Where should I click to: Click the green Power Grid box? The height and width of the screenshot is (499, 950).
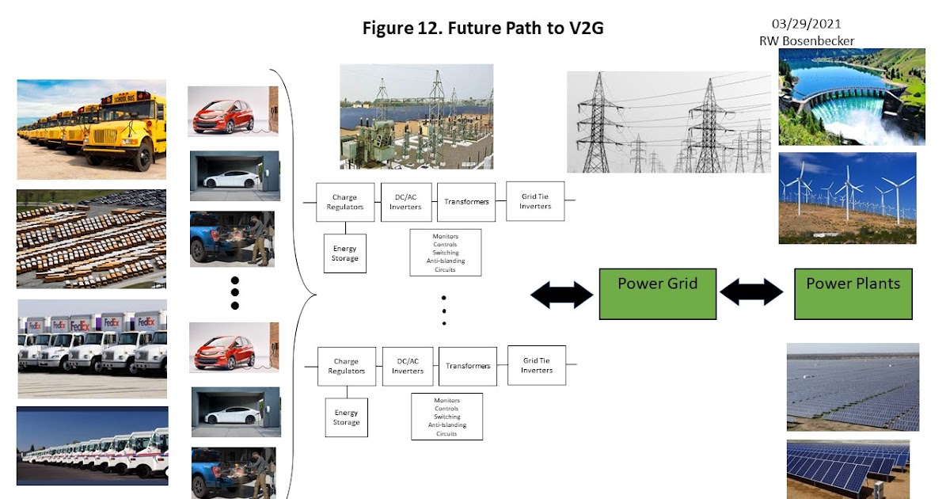[x=657, y=294]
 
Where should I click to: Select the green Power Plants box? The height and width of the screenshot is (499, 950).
[x=853, y=294]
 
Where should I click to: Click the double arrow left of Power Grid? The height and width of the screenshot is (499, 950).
[x=561, y=295]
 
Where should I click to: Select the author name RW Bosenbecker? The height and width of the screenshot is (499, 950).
[x=806, y=41]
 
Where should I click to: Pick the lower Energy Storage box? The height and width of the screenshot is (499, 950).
[x=346, y=417]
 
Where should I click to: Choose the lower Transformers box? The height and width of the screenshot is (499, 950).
[x=468, y=366]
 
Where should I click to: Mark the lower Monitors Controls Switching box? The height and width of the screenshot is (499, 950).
[x=446, y=417]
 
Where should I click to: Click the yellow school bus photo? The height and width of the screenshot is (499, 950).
[x=92, y=129]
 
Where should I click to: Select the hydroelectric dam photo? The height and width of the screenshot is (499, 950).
[x=851, y=96]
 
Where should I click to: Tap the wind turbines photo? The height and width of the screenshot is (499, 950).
[x=847, y=198]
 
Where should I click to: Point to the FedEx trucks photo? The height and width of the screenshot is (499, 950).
[x=92, y=349]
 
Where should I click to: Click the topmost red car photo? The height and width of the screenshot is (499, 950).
[x=233, y=111]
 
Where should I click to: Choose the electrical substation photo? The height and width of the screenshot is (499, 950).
[x=416, y=112]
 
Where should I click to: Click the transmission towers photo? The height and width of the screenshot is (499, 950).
[x=668, y=122]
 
